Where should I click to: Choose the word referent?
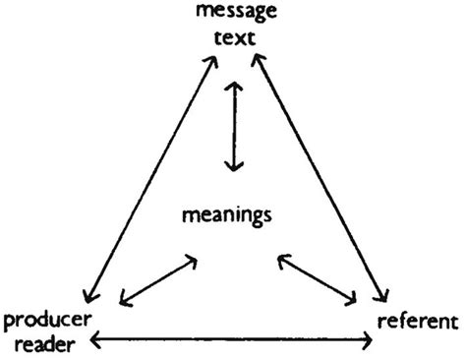pyautogui.click(x=418, y=321)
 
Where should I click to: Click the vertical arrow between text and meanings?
pyautogui.click(x=233, y=126)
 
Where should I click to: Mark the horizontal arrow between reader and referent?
pyautogui.click(x=232, y=341)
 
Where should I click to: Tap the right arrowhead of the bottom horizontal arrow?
pyautogui.click(x=370, y=341)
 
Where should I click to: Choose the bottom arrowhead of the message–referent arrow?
pyautogui.click(x=383, y=296)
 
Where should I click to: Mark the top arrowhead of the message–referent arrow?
pyautogui.click(x=255, y=59)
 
